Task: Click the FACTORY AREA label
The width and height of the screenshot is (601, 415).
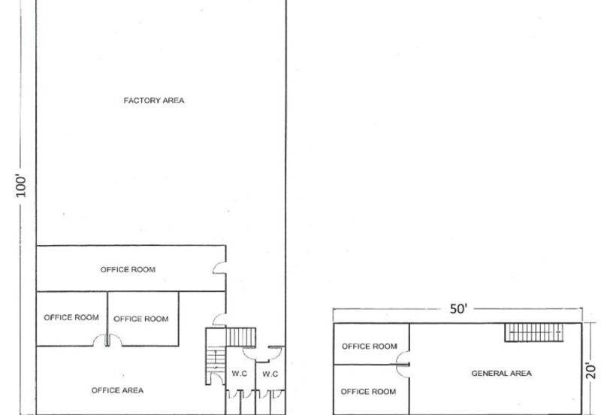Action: point(154,101)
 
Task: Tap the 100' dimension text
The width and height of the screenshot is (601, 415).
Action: point(21,186)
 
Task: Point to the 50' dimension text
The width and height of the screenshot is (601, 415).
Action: point(458,309)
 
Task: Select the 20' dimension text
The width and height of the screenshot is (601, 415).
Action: point(591,371)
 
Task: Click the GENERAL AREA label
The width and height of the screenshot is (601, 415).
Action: point(501,373)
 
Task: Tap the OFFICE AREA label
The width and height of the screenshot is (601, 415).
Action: point(117,390)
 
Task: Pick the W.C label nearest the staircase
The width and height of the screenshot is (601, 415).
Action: point(239,374)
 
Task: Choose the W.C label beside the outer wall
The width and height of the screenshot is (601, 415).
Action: point(270,374)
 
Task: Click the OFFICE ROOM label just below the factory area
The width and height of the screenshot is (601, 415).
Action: point(128,270)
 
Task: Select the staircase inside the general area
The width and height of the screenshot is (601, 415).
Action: point(533,332)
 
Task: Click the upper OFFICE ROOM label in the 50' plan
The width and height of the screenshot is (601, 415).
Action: point(370,347)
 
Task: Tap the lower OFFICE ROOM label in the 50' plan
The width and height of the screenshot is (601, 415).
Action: point(368,392)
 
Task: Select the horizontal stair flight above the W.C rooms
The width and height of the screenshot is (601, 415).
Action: point(240,337)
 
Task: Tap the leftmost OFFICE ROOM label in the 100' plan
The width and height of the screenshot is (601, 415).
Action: point(71,317)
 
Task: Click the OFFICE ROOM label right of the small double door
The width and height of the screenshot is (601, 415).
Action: point(141,319)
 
